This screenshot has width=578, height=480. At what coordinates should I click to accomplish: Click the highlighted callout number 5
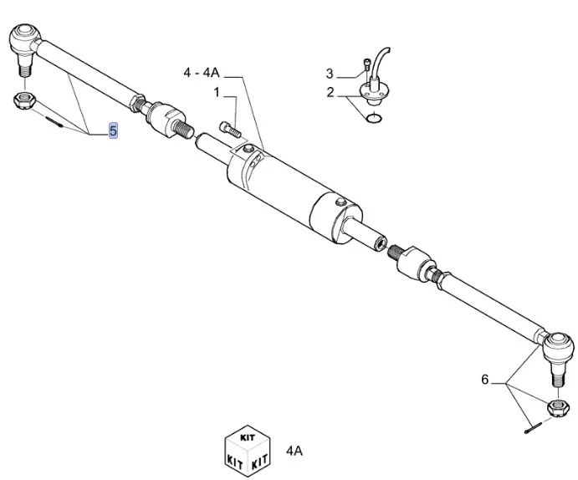(x=113, y=131)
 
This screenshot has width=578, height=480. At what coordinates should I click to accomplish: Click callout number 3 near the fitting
(x=330, y=74)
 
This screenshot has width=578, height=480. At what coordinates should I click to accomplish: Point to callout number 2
(x=330, y=91)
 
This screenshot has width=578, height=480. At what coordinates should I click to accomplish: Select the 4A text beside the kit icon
(x=294, y=452)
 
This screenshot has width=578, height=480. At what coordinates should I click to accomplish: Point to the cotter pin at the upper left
(x=54, y=120)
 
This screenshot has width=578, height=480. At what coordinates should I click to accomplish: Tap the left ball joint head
(x=23, y=38)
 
